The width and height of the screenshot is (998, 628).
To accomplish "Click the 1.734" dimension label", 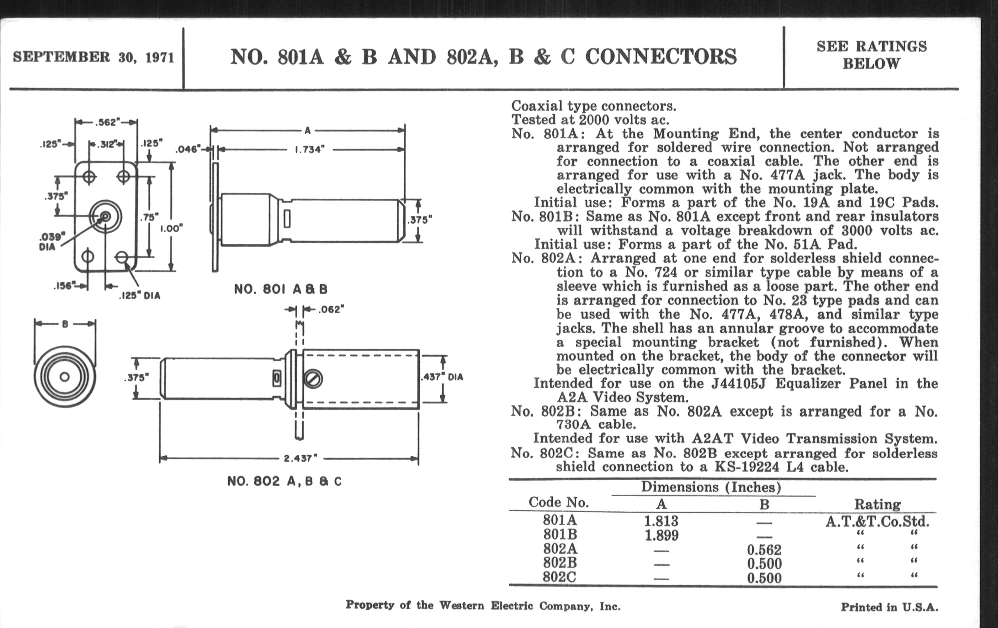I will (x=309, y=149).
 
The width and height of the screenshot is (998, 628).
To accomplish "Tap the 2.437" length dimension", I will (x=301, y=458).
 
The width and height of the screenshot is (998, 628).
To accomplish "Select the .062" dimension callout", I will (x=331, y=309).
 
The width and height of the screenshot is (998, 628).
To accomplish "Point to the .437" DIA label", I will (x=442, y=377).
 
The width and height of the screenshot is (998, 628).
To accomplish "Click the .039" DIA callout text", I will (x=51, y=242).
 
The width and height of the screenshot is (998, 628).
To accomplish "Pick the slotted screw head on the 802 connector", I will (x=314, y=379).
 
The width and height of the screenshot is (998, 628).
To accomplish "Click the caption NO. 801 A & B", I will (x=281, y=289).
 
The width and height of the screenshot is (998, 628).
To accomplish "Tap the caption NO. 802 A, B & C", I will (x=284, y=481).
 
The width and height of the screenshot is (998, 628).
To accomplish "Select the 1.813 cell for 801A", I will (x=661, y=520).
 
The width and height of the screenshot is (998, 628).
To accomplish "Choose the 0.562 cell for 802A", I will (x=764, y=550).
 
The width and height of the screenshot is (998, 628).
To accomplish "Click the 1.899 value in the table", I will (x=662, y=535).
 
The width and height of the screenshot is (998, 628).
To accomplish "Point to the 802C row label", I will (x=559, y=577).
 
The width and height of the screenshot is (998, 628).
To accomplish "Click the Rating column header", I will (x=877, y=504).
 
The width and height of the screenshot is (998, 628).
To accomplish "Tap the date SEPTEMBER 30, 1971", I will (x=94, y=57).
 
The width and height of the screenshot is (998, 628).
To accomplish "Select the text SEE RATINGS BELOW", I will (x=872, y=55).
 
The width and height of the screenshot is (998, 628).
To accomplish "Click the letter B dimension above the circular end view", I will (x=65, y=324).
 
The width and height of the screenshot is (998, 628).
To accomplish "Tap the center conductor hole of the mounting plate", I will (x=105, y=216).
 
